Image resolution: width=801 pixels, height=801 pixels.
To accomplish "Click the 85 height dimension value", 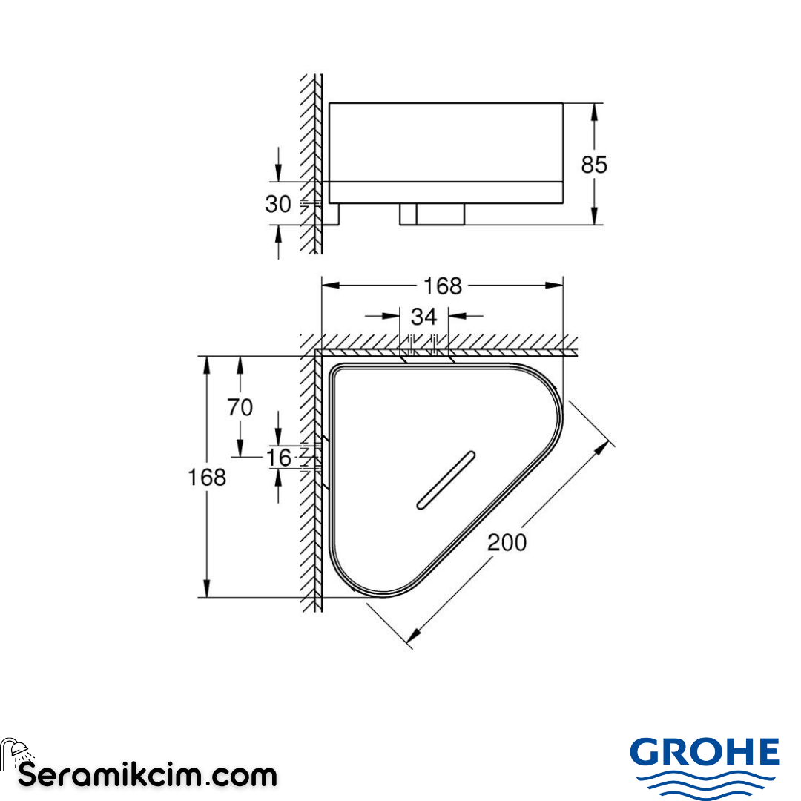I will click(593, 164).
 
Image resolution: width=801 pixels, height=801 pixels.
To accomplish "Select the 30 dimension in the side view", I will click(278, 203).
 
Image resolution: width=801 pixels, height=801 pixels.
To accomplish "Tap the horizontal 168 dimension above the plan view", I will click(442, 286).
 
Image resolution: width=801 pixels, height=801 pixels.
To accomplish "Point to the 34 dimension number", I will click(423, 317).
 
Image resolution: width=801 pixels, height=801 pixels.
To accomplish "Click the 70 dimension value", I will click(240, 407).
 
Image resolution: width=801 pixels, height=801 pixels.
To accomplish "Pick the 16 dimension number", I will click(279, 458).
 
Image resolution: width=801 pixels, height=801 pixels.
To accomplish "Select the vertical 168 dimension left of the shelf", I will click(208, 477).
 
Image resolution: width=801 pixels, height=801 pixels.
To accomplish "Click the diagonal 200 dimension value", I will click(507, 542).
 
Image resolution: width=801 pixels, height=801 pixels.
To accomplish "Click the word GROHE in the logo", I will click(705, 753).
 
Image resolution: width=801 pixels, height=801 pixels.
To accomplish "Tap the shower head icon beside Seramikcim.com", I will click(15, 751).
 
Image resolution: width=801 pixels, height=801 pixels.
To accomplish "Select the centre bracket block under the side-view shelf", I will click(432, 214).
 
